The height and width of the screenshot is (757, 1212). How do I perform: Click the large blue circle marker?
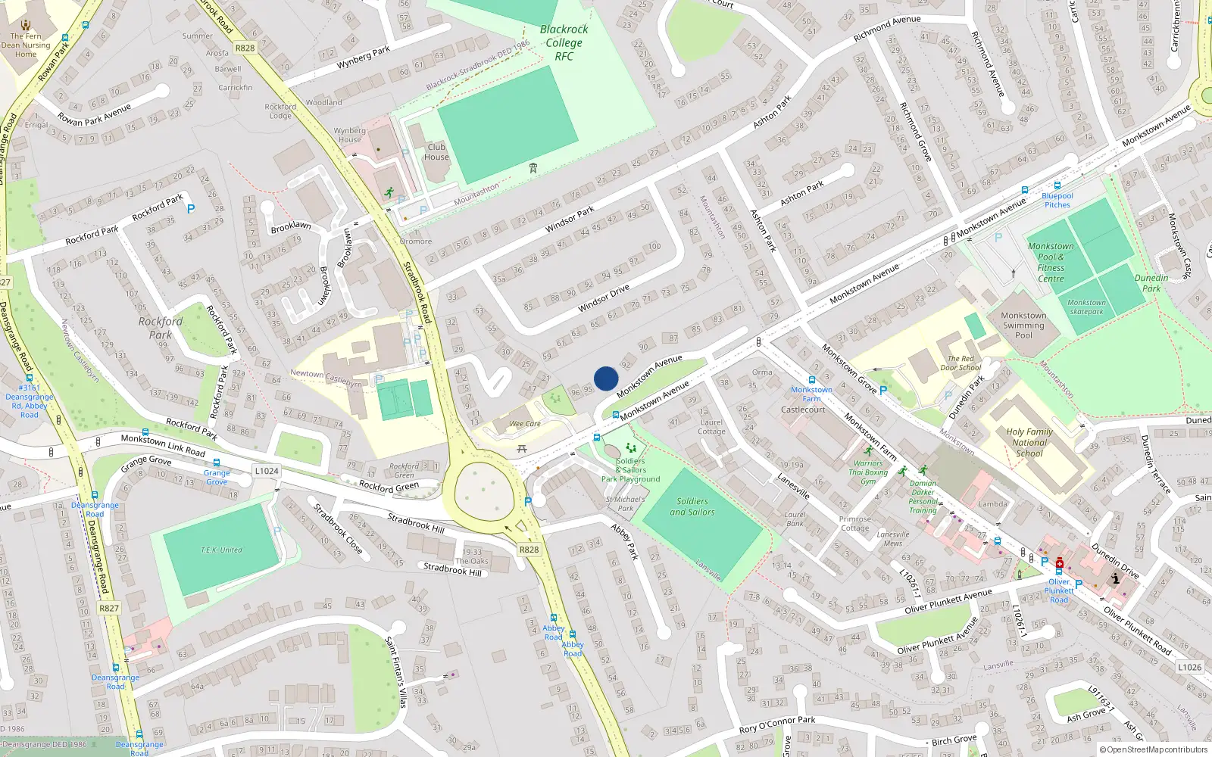606,378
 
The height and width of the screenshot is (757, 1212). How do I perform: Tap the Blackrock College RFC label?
564,42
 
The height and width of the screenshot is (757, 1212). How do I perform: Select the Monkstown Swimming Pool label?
1023,326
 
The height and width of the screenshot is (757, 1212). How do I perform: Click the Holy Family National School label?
1029,442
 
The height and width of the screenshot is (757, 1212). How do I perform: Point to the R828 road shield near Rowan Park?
245,48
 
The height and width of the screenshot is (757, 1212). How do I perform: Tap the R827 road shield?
109,608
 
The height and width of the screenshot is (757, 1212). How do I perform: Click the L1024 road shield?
267,471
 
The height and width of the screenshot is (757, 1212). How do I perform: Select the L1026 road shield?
1189,667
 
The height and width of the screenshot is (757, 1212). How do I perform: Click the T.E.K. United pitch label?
221,550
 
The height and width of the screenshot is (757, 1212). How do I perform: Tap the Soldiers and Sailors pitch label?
692,506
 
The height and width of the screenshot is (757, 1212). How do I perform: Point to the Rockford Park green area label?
161,328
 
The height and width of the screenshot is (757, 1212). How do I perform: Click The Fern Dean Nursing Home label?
26,45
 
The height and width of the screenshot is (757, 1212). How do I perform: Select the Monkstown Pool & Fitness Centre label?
1051,262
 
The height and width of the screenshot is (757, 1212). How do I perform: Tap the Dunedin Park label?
1151,283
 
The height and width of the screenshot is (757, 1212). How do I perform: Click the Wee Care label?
525,424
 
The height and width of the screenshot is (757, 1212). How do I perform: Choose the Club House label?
436,152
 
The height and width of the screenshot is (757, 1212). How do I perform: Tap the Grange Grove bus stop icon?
217,463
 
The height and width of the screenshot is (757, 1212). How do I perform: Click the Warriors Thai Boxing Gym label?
868,472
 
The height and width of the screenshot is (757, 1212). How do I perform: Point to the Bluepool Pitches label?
1057,200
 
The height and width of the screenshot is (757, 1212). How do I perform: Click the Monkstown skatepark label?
1086,307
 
